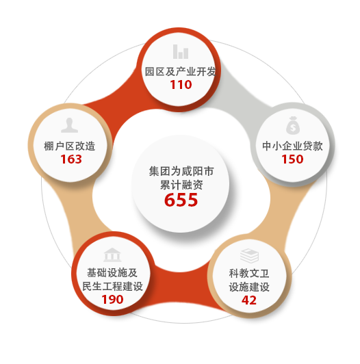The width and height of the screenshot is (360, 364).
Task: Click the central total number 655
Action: (181, 199)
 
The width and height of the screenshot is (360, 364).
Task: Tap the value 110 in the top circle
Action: (181, 85)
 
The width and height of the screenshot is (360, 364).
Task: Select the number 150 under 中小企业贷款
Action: (292, 159)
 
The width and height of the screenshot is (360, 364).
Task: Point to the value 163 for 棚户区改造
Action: (71, 159)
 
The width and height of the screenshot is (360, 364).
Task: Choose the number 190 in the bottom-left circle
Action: (112, 299)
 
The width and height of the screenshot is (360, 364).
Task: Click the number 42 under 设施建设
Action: (249, 300)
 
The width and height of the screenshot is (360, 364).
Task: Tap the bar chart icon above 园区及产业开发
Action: (181, 51)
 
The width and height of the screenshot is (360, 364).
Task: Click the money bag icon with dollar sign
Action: (293, 125)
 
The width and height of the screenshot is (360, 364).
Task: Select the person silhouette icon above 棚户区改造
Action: (69, 125)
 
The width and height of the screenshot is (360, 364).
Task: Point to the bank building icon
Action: (112, 255)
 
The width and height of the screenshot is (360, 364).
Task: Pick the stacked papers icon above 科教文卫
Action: (249, 256)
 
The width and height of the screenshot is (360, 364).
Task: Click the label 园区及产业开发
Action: (181, 71)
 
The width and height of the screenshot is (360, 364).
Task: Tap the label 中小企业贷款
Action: (292, 146)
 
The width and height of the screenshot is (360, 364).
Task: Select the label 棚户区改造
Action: (69, 146)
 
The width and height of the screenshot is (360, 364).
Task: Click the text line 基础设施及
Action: (112, 272)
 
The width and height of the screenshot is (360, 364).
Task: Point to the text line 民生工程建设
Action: (112, 286)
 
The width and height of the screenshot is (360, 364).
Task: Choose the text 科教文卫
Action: (249, 274)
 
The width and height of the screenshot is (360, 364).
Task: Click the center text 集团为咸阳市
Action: (181, 171)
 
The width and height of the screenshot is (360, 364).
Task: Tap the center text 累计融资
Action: (181, 185)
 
